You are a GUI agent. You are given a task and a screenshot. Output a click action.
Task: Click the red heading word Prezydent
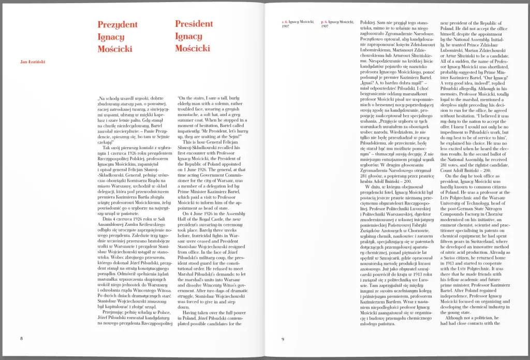click(x=117, y=24)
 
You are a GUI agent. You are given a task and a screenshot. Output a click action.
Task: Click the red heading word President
click(x=194, y=24)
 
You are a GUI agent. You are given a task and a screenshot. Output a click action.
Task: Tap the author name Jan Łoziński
click(x=32, y=62)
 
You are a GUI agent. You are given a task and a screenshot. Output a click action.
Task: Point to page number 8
click(x=22, y=339)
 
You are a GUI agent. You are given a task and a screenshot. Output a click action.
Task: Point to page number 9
click(x=283, y=339)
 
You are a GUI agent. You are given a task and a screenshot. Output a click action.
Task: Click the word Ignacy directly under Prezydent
click(x=111, y=37)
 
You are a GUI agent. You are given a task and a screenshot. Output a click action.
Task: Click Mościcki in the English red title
click(x=193, y=49)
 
